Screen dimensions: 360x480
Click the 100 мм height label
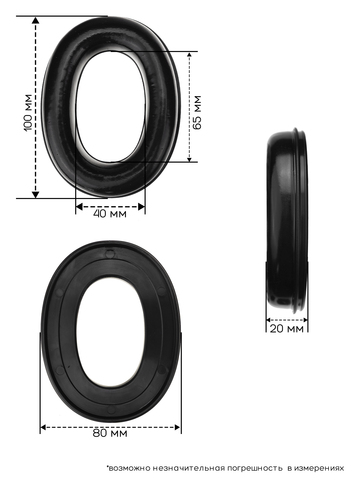click(29, 112)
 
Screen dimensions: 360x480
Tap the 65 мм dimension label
click(197, 112)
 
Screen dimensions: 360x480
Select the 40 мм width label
click(110, 214)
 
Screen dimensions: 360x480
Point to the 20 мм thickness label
click(287, 329)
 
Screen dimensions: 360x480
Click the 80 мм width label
click(110, 433)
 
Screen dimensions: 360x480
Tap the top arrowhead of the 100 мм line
click(35, 20)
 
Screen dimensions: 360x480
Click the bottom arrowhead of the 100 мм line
click(35, 194)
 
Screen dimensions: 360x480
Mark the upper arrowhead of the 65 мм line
click(189, 55)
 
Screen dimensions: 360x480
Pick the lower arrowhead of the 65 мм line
click(189, 159)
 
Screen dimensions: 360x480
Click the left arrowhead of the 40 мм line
click(79, 207)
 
